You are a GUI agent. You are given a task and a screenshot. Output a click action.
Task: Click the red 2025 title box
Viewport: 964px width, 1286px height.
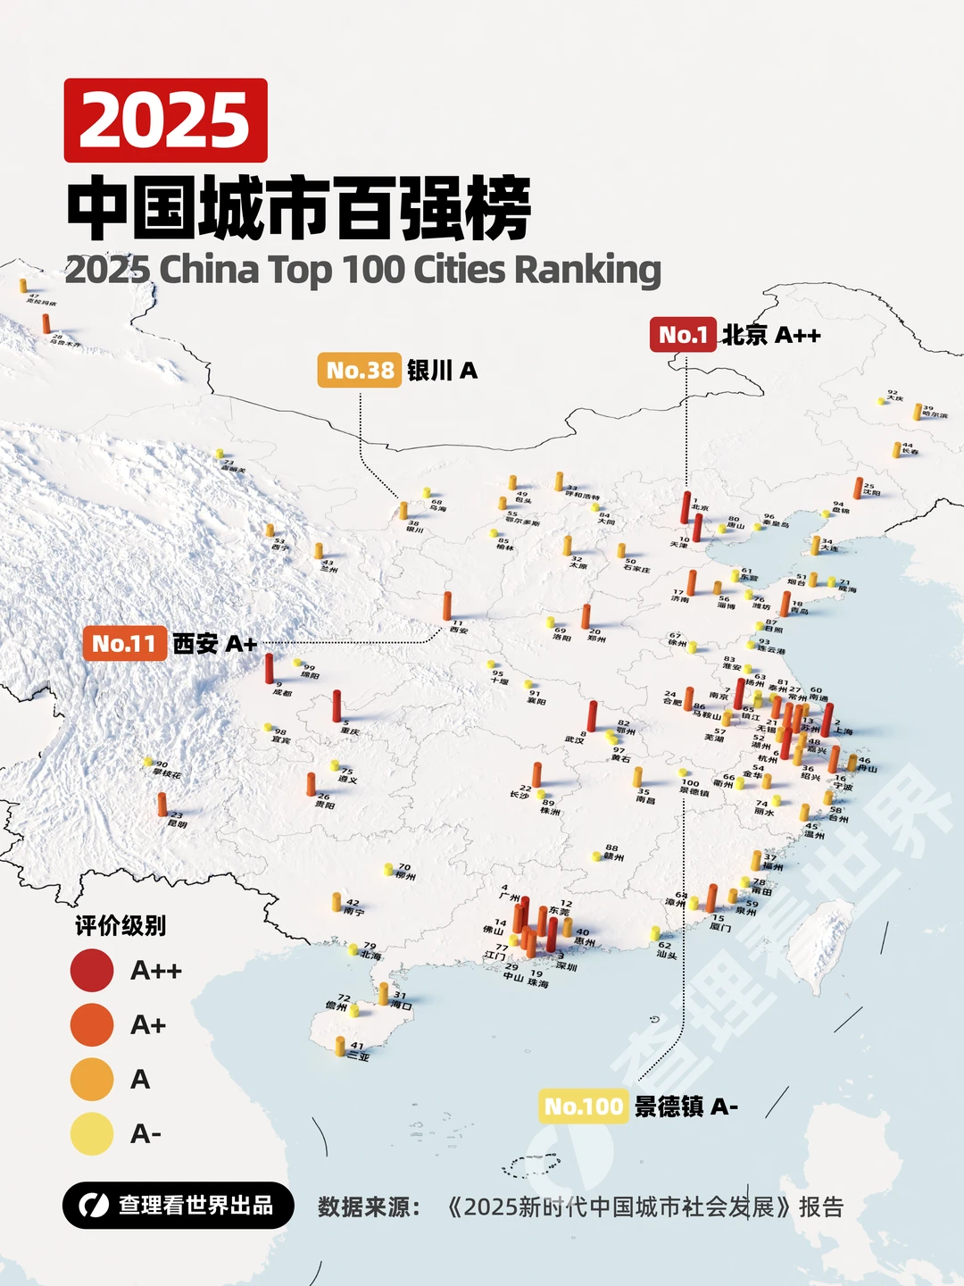166,121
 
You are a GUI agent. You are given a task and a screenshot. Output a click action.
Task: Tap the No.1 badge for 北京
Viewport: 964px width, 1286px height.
683,335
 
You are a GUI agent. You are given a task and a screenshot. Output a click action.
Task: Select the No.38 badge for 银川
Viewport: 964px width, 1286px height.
360,370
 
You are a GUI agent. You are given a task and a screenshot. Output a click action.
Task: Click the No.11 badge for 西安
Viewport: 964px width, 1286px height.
124,644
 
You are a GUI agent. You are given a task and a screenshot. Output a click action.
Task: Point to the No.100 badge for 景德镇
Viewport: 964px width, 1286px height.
584,1106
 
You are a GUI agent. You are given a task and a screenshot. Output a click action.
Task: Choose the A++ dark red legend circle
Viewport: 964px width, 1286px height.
92,971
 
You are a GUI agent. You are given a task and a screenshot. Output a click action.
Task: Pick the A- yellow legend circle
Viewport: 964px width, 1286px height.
92,1134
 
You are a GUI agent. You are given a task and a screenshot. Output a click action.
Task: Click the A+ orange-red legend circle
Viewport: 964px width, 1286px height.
92,1025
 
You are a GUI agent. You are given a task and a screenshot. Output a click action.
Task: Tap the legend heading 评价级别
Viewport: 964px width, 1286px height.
120,926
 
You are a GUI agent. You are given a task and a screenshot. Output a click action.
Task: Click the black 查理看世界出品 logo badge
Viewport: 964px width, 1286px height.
179,1206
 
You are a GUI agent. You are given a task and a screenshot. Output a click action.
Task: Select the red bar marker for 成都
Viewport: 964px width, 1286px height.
269,669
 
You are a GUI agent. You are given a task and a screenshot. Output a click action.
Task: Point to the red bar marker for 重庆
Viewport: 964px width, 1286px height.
337,706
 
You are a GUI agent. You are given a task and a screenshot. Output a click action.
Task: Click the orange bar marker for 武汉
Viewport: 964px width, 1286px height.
592,716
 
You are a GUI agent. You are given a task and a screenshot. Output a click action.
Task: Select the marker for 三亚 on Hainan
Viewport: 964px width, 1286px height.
340,1047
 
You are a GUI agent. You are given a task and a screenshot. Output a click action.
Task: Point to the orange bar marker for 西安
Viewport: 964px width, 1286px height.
447,606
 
